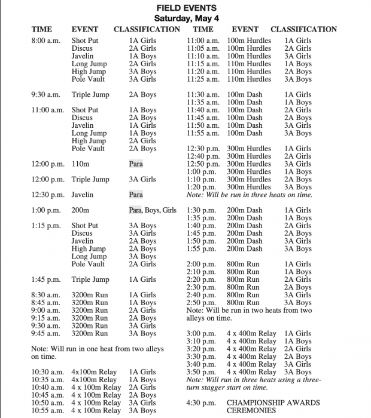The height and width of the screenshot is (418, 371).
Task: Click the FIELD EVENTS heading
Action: tap(187, 8)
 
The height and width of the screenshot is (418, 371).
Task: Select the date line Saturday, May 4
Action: tap(187, 18)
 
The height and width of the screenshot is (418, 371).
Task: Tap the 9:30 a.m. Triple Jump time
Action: tap(45, 94)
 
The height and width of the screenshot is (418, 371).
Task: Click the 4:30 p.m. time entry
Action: tap(200, 403)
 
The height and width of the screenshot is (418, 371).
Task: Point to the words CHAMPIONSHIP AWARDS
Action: tap(273, 403)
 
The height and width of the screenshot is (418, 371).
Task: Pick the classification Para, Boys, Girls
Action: tap(153, 210)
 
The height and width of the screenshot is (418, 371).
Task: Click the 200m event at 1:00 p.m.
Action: tap(80, 210)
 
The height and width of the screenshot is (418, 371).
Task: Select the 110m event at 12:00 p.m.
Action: tap(80, 164)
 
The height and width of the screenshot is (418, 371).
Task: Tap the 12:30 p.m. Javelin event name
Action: tap(82, 195)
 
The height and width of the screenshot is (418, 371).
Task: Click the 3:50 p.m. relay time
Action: tap(200, 372)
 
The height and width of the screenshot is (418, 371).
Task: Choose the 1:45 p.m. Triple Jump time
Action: tap(45, 279)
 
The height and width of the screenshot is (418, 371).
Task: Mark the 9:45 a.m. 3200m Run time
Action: tap(45, 334)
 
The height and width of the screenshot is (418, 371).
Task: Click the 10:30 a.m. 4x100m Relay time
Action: tap(47, 372)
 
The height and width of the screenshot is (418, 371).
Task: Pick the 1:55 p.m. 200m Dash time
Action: tap(200, 248)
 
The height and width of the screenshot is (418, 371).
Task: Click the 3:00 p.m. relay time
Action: tap(200, 334)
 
